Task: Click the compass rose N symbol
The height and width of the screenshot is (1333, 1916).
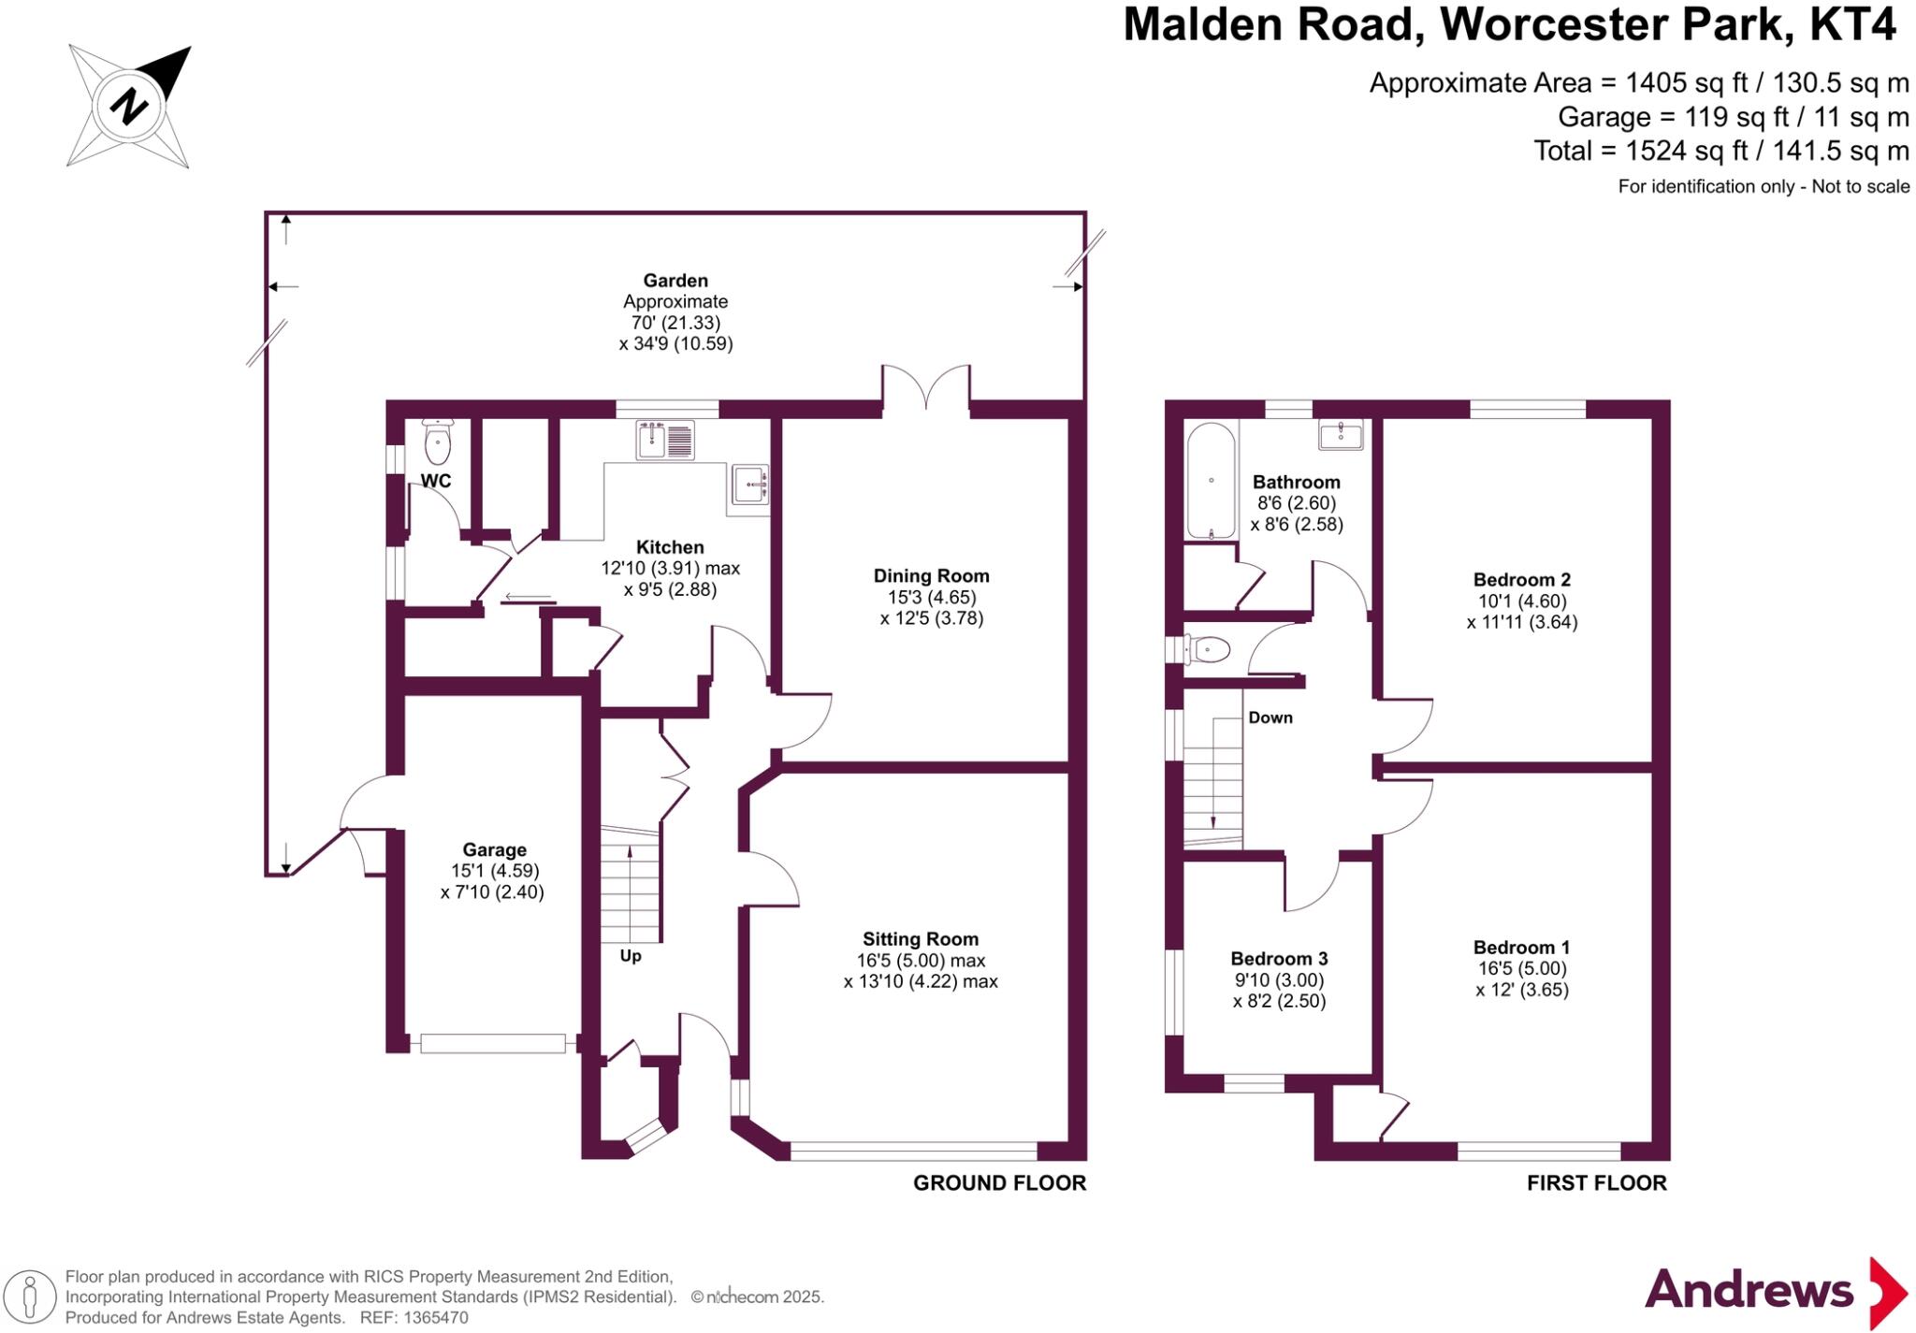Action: pyautogui.click(x=129, y=105)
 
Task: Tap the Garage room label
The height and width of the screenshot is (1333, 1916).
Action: pyautogui.click(x=494, y=850)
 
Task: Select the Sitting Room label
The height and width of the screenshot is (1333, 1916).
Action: pyautogui.click(x=921, y=939)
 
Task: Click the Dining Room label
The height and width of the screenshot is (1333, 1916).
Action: pyautogui.click(x=931, y=576)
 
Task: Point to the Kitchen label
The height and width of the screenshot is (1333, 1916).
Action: pyautogui.click(x=670, y=547)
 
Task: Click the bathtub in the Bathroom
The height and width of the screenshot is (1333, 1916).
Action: pyautogui.click(x=1211, y=481)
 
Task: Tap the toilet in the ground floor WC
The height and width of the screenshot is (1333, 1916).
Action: pyautogui.click(x=437, y=442)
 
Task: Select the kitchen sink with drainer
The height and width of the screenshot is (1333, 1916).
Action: pyautogui.click(x=665, y=440)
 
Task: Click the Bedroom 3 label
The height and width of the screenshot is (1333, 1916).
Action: pyautogui.click(x=1279, y=959)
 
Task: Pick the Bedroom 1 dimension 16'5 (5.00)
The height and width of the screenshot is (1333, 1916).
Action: pyautogui.click(x=1521, y=969)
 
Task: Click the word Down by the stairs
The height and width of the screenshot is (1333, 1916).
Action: pyautogui.click(x=1270, y=717)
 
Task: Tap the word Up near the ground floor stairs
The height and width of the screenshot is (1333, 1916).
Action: pyautogui.click(x=631, y=956)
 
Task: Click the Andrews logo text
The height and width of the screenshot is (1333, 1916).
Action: pyautogui.click(x=1749, y=1291)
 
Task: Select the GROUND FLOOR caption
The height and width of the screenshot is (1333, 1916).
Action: pyautogui.click(x=999, y=1183)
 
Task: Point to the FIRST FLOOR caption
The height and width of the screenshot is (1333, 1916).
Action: pyautogui.click(x=1596, y=1183)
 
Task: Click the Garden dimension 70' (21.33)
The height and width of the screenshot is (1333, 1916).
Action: pyautogui.click(x=675, y=323)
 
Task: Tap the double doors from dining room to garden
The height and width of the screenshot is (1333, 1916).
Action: pyautogui.click(x=926, y=388)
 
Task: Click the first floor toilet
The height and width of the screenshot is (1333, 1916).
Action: pyautogui.click(x=1207, y=649)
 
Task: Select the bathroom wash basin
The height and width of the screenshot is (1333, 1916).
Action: pyautogui.click(x=1341, y=435)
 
